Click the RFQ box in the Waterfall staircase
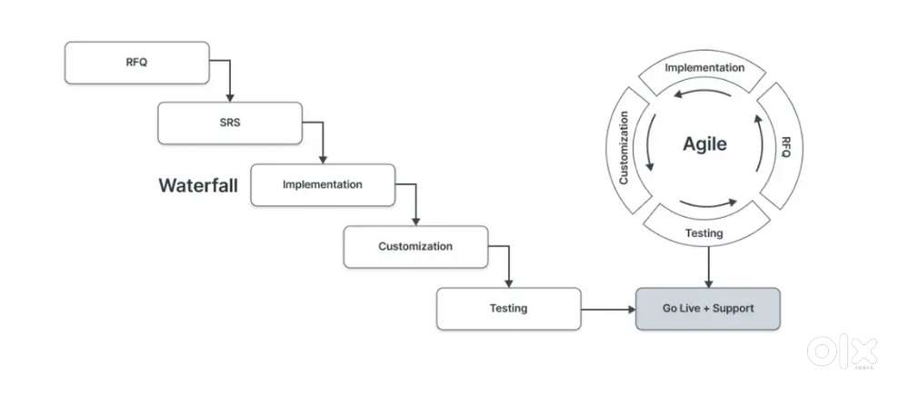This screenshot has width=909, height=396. point(136,62)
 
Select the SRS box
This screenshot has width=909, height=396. point(230,123)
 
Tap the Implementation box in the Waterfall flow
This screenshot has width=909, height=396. point(323,184)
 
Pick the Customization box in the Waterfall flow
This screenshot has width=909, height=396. point(415,246)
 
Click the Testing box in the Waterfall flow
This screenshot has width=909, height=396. point(508,309)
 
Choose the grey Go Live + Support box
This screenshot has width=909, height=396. point(708,309)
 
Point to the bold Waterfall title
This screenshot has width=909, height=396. point(198,185)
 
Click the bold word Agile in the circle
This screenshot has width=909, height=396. point(704,144)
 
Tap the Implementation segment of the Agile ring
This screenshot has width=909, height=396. point(704,68)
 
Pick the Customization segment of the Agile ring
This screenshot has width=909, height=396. point(624,147)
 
